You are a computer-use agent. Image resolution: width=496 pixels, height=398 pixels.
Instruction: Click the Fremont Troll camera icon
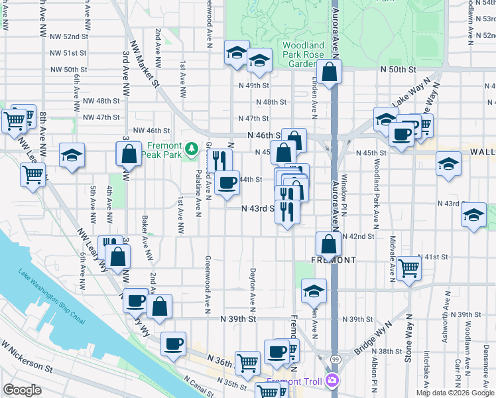tap(332, 381)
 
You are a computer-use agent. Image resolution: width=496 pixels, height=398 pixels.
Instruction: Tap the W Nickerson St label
tap(26, 356)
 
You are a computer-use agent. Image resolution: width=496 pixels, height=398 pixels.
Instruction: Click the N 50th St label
tap(398, 69)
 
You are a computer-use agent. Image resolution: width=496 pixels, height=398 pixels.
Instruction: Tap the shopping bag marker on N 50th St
tap(329, 73)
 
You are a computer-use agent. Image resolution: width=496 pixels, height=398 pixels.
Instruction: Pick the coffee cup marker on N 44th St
tap(227, 183)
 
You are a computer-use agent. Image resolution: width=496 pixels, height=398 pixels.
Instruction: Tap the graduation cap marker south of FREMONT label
tap(314, 291)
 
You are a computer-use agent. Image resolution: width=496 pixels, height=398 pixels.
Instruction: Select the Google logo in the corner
tap(22, 390)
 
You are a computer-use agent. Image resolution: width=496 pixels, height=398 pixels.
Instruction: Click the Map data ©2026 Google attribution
tap(455, 393)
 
